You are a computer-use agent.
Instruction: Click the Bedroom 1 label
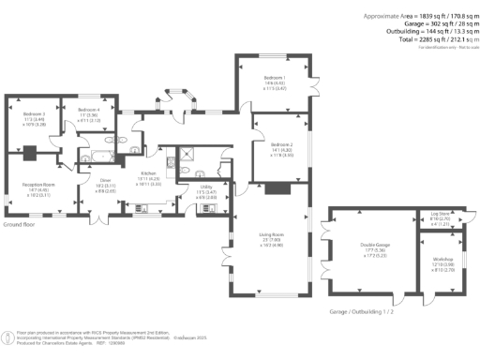pos(275,77)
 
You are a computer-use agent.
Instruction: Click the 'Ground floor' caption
pos(20,226)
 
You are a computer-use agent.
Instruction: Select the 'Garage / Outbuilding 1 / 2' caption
pos(357,310)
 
